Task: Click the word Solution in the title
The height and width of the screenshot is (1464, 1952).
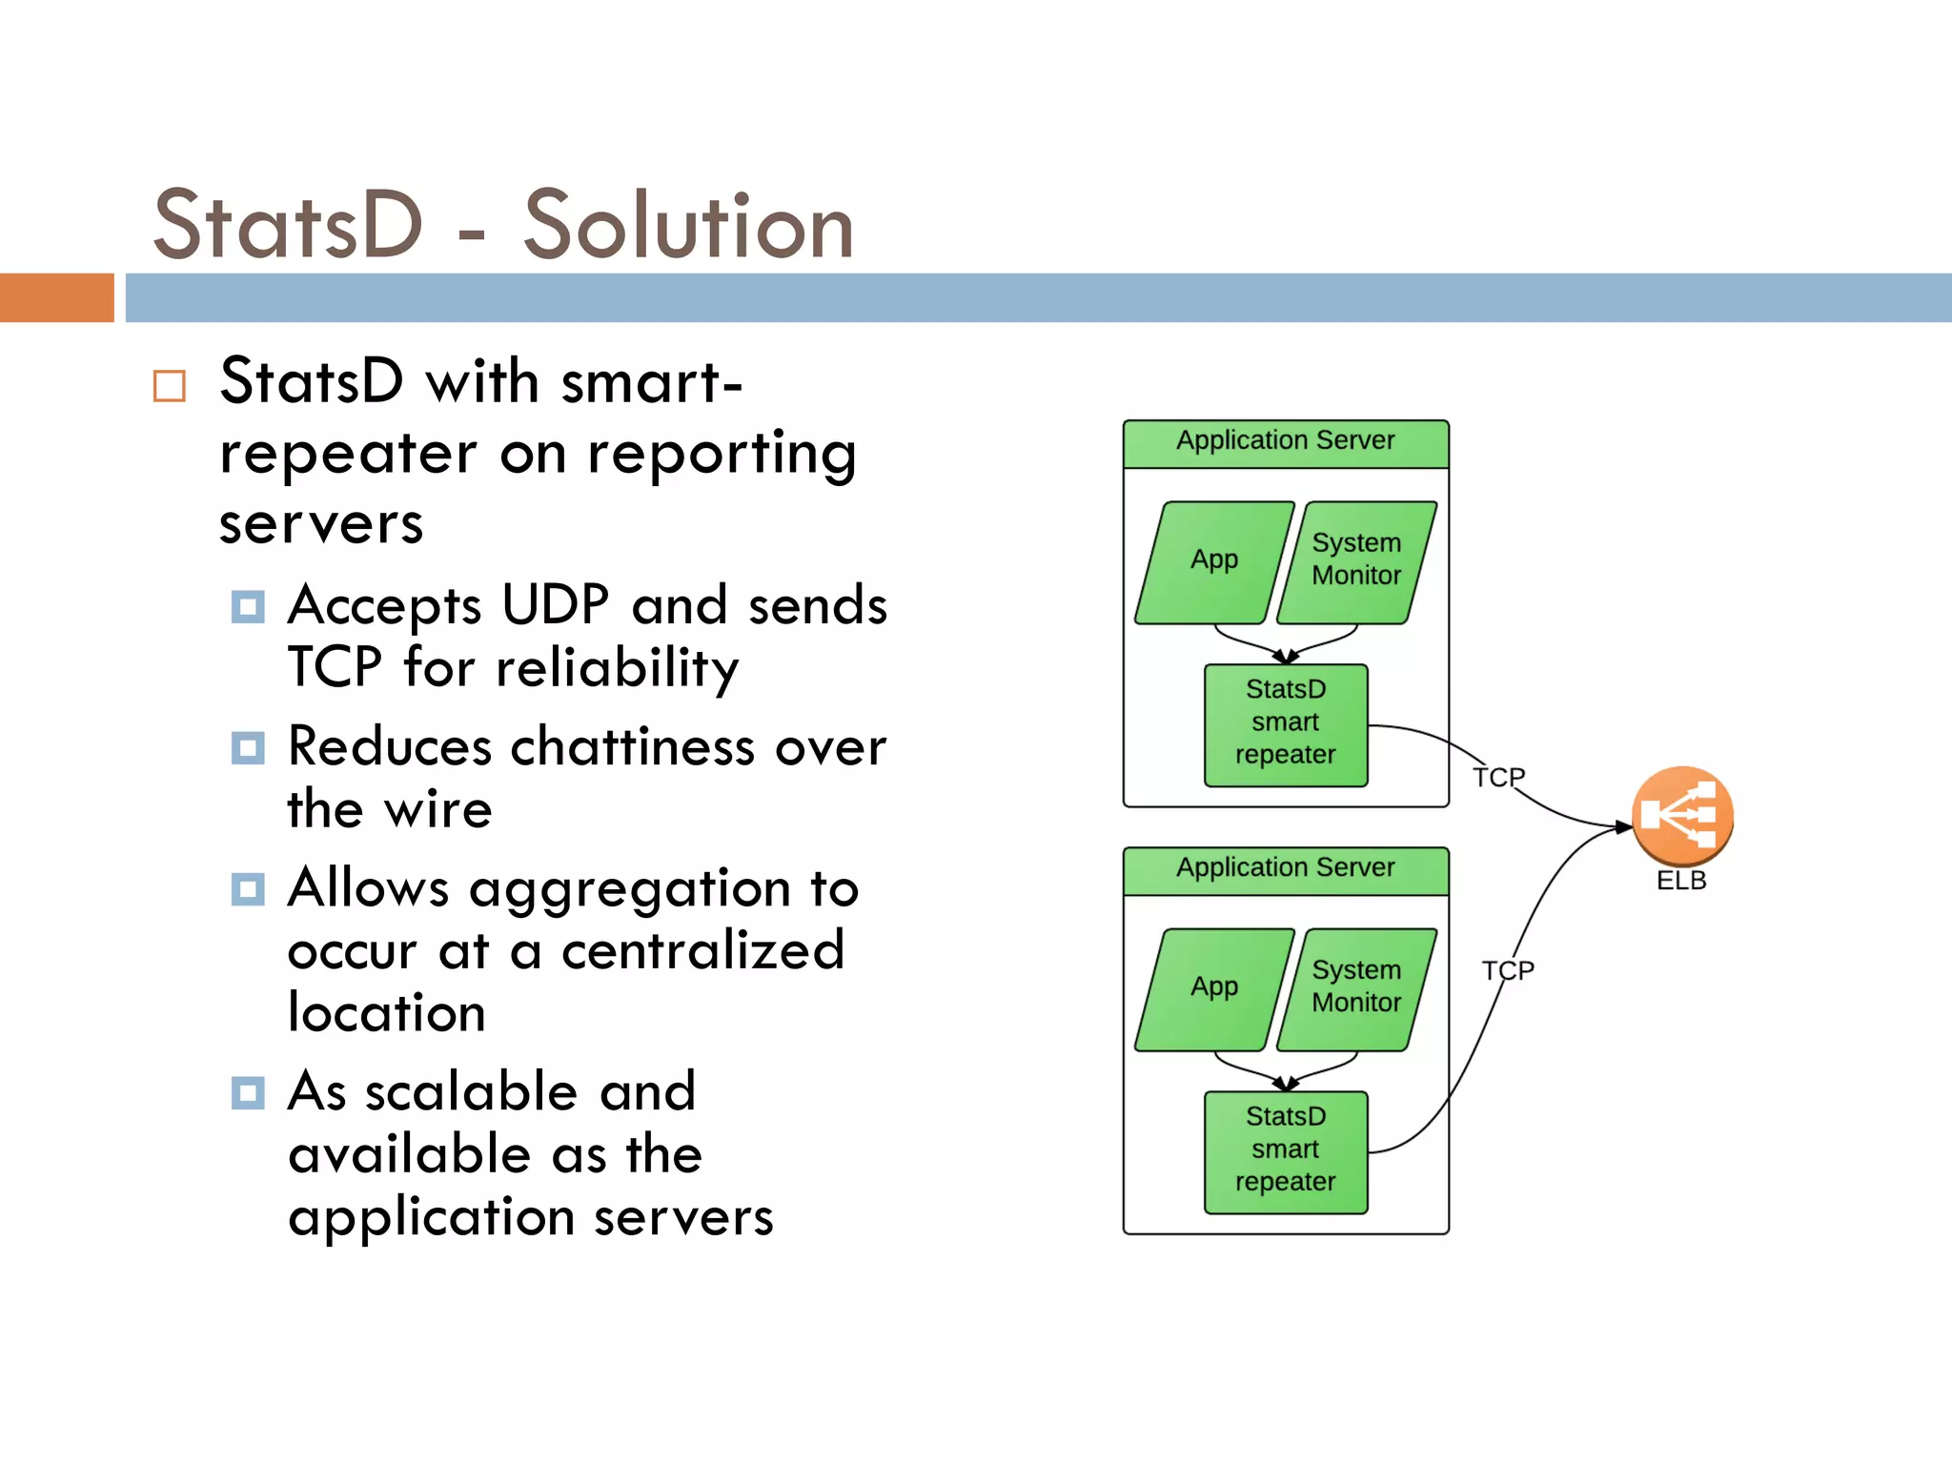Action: point(688,226)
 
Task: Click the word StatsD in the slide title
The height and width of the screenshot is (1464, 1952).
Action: point(288,226)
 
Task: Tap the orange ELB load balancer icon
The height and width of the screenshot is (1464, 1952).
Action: point(1681,815)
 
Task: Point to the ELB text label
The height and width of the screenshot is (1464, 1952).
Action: point(1681,881)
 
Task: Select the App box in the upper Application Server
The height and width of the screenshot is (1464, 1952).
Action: point(1214,562)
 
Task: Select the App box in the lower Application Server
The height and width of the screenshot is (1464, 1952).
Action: point(1214,989)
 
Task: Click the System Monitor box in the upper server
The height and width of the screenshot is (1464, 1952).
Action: point(1356,562)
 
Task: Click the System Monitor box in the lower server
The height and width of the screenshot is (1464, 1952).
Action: point(1356,989)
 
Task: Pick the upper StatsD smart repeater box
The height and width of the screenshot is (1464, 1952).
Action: point(1286,724)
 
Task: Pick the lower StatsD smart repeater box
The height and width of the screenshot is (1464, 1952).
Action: point(1286,1151)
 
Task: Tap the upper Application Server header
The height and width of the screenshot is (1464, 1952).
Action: point(1286,442)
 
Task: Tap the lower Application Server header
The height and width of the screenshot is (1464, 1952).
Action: point(1286,869)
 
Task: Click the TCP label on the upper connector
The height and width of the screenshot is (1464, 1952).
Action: point(1498,778)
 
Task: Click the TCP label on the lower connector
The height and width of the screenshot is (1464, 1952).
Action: point(1508,970)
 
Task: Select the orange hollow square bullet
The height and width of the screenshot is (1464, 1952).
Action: point(170,386)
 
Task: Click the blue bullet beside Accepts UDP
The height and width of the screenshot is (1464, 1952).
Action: point(248,606)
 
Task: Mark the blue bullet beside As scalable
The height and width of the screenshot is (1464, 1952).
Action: point(248,1092)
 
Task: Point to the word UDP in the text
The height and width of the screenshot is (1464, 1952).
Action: point(555,605)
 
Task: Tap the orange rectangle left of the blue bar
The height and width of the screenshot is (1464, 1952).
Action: point(57,297)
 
